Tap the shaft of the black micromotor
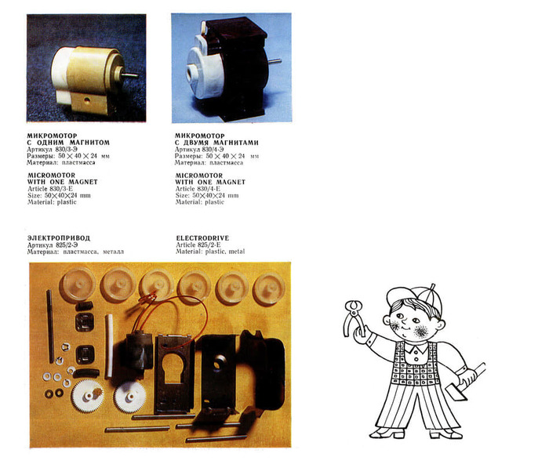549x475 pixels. pos(274,61)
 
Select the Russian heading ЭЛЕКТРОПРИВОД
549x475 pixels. pos(59,238)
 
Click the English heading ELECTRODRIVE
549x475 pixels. pos(202,238)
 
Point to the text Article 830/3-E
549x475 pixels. pos(50,189)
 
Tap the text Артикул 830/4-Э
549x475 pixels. pos(199,149)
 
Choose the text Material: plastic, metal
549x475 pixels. pos(210,252)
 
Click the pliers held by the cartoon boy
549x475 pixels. pos(353,317)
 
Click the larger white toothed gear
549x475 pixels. pos(88,396)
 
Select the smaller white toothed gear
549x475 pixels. pos(130,397)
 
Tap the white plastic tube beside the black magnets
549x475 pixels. pos(109,346)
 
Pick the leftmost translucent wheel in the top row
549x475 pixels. pos(78,285)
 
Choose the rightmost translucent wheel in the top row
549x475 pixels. pos(269,288)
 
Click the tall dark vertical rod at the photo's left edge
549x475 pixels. pos(50,326)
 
